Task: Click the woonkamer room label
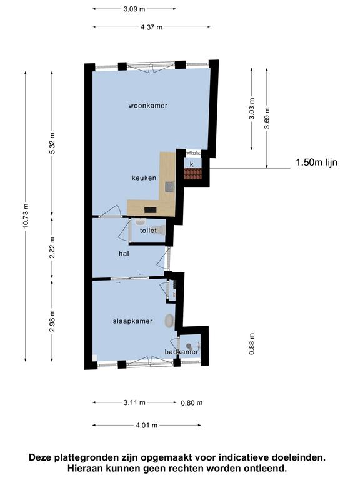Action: [x=148, y=106]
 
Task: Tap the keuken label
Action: [x=144, y=178]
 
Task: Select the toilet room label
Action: [x=148, y=231]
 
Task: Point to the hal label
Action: [x=124, y=254]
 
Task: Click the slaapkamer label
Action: [x=132, y=321]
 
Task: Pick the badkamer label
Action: [x=181, y=352]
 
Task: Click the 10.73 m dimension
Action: [x=26, y=216]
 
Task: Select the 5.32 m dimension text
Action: [x=52, y=143]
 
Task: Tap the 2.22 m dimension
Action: [x=52, y=247]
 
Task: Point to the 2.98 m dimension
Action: [x=52, y=321]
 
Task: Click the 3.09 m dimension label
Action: [x=134, y=9]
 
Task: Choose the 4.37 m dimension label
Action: [x=151, y=27]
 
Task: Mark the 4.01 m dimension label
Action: [x=147, y=425]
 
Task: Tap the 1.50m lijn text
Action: [x=316, y=162]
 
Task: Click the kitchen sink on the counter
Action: [x=169, y=187]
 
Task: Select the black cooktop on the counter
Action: [x=150, y=210]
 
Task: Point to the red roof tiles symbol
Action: [x=193, y=174]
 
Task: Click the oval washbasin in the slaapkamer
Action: [x=169, y=321]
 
